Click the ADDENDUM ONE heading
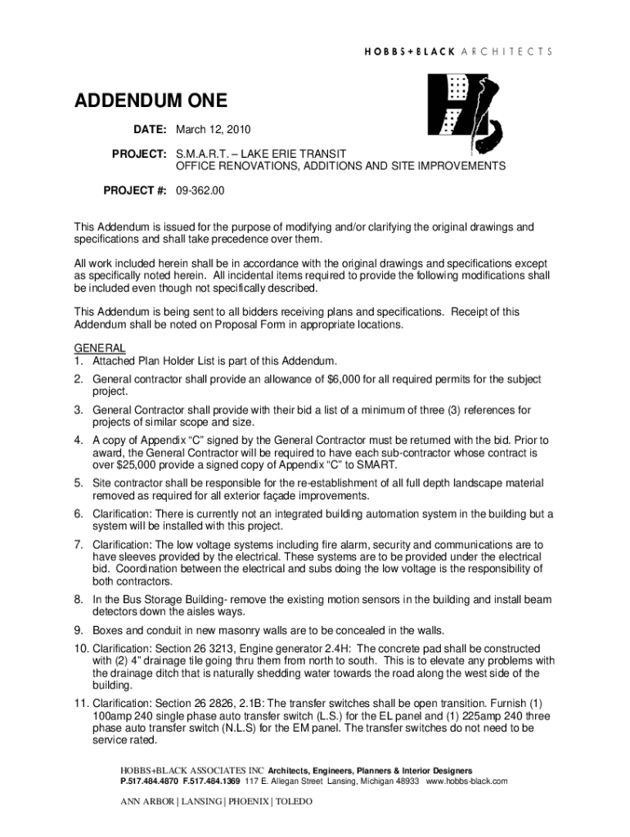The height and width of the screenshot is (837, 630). (151, 101)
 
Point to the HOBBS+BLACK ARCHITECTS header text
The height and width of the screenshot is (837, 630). (457, 51)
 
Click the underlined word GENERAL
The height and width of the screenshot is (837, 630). (100, 348)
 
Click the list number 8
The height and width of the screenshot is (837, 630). (79, 599)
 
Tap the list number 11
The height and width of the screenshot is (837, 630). (82, 704)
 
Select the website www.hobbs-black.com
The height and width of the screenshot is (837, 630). (467, 781)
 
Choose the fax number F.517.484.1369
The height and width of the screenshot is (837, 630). (211, 781)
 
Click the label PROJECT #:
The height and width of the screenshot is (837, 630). (135, 190)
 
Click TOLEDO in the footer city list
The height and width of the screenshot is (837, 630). (295, 803)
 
